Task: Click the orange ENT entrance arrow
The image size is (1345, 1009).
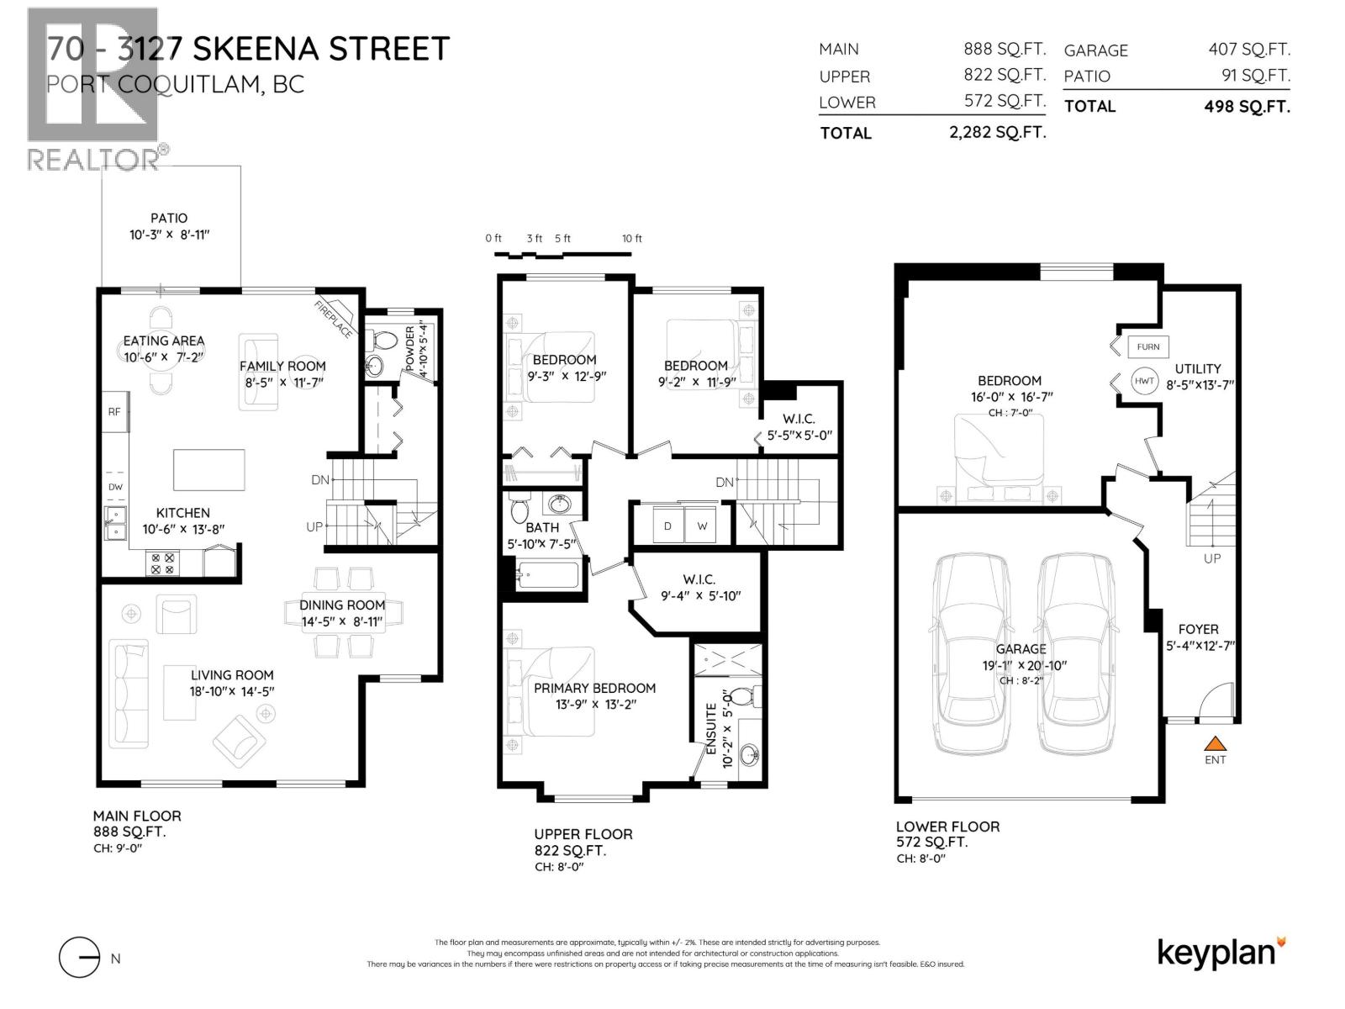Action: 1215,743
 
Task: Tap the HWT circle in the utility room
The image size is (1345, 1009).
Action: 1144,381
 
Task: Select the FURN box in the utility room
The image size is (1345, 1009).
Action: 1147,346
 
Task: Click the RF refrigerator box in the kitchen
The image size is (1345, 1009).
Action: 114,412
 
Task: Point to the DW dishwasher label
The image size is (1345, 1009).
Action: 115,487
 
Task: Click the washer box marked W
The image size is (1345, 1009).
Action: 701,526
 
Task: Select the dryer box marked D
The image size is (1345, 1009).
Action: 668,526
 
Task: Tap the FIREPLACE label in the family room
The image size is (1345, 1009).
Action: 334,320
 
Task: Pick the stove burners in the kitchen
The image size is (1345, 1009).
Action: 162,563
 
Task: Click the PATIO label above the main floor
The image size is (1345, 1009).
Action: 169,218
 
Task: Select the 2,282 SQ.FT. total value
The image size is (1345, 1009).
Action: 997,132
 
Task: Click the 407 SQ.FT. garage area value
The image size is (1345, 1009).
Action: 1248,50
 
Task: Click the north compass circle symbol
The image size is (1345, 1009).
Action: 80,958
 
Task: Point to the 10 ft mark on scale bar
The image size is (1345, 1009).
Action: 632,239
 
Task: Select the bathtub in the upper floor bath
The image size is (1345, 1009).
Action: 546,577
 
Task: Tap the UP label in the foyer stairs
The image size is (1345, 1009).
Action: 1211,558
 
